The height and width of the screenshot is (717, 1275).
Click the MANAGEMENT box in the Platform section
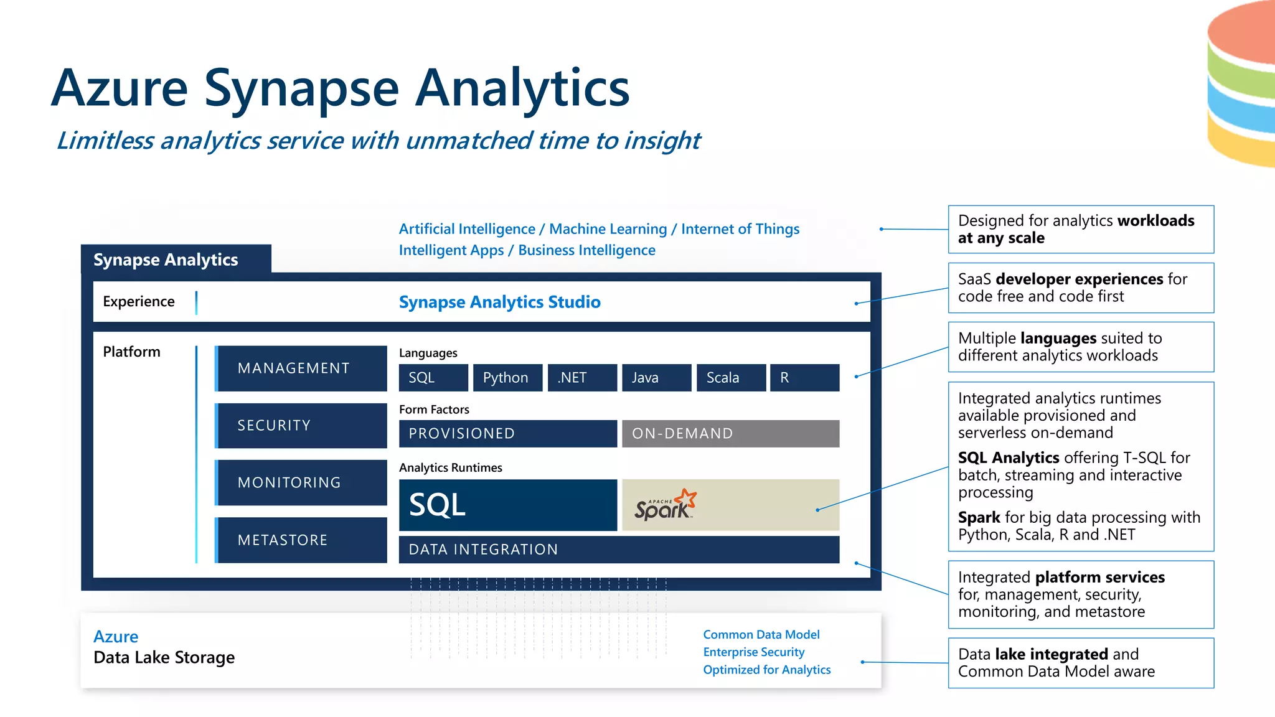(301, 368)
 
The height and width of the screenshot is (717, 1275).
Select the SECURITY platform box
(301, 426)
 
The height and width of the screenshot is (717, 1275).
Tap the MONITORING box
(301, 483)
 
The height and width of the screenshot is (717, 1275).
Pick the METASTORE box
(301, 540)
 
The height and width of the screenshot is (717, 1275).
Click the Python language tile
(507, 378)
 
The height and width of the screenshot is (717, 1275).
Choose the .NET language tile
(582, 378)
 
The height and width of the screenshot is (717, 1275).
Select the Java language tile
(656, 378)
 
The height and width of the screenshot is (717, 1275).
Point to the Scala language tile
(731, 378)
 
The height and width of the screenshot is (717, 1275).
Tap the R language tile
(804, 378)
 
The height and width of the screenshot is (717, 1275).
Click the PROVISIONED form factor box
(507, 434)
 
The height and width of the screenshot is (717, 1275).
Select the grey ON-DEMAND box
(730, 434)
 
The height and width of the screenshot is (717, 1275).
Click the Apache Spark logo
(665, 505)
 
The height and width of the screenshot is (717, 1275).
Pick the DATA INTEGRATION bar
(619, 550)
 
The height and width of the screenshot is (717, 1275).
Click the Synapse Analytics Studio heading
(499, 302)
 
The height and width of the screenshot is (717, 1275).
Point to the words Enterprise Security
(753, 652)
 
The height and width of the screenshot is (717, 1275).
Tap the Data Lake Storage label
(164, 658)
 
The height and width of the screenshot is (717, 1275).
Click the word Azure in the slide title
(120, 88)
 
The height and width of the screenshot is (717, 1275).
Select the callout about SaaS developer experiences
(1081, 288)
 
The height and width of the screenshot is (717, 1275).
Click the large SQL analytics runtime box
(507, 505)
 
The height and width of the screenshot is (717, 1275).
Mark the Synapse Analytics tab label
(166, 260)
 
